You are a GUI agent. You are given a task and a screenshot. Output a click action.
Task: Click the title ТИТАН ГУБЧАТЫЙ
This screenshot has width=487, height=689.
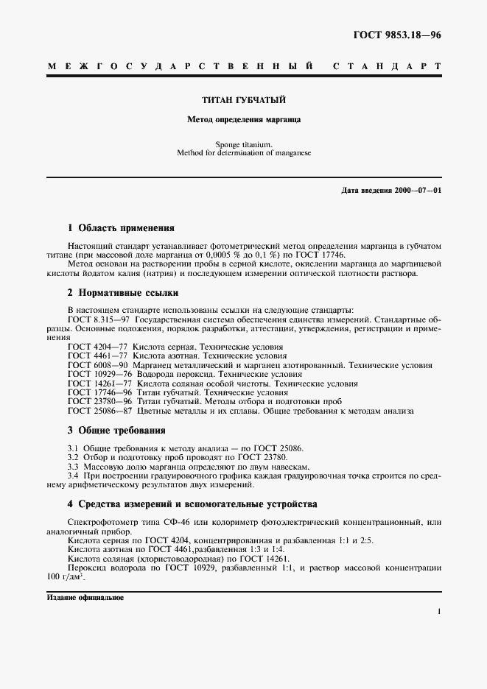tap(244, 99)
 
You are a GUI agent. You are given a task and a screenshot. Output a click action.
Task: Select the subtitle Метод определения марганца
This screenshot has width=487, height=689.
tap(244, 119)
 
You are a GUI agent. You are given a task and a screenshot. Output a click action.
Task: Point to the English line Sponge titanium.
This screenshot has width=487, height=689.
tap(244, 145)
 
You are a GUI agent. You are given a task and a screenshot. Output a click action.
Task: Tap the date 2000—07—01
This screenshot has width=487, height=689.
tap(418, 191)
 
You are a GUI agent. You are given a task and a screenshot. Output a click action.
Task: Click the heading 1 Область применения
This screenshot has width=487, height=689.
tap(121, 227)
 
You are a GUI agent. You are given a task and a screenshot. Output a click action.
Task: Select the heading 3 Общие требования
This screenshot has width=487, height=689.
tap(116, 430)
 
